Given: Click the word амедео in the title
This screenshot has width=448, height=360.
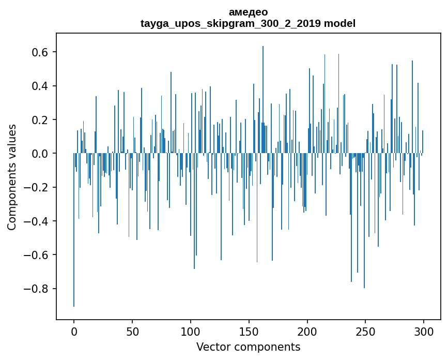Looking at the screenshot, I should [x=248, y=12].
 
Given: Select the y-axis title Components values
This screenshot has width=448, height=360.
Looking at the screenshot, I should [x=12, y=177].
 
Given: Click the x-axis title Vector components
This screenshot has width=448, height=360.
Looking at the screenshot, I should [x=248, y=347].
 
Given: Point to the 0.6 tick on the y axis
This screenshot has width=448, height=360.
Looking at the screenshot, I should [x=41, y=52].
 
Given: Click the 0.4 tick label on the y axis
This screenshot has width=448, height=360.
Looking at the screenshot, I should [x=41, y=86].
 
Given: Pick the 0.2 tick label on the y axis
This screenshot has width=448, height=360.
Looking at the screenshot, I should [x=41, y=120].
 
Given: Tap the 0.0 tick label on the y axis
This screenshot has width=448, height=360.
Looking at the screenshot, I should [x=41, y=154].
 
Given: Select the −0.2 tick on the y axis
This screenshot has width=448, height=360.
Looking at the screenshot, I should [x=37, y=187].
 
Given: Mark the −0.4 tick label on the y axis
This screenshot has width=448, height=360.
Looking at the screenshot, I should [x=37, y=221].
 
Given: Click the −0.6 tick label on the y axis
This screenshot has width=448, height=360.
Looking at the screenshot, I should [x=37, y=255].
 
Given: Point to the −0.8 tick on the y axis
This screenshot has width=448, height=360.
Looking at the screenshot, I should [x=37, y=289].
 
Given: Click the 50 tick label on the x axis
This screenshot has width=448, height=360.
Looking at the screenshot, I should [x=132, y=331].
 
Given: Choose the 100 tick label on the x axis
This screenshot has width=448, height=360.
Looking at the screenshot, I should [x=191, y=331].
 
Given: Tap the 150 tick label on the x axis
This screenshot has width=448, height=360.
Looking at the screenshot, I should [x=249, y=331].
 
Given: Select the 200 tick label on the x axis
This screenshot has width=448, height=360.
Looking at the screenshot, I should [x=307, y=331].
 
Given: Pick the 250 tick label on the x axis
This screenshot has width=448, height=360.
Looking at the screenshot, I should [x=366, y=331].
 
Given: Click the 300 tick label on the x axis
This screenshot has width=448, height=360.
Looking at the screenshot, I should [x=424, y=331].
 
